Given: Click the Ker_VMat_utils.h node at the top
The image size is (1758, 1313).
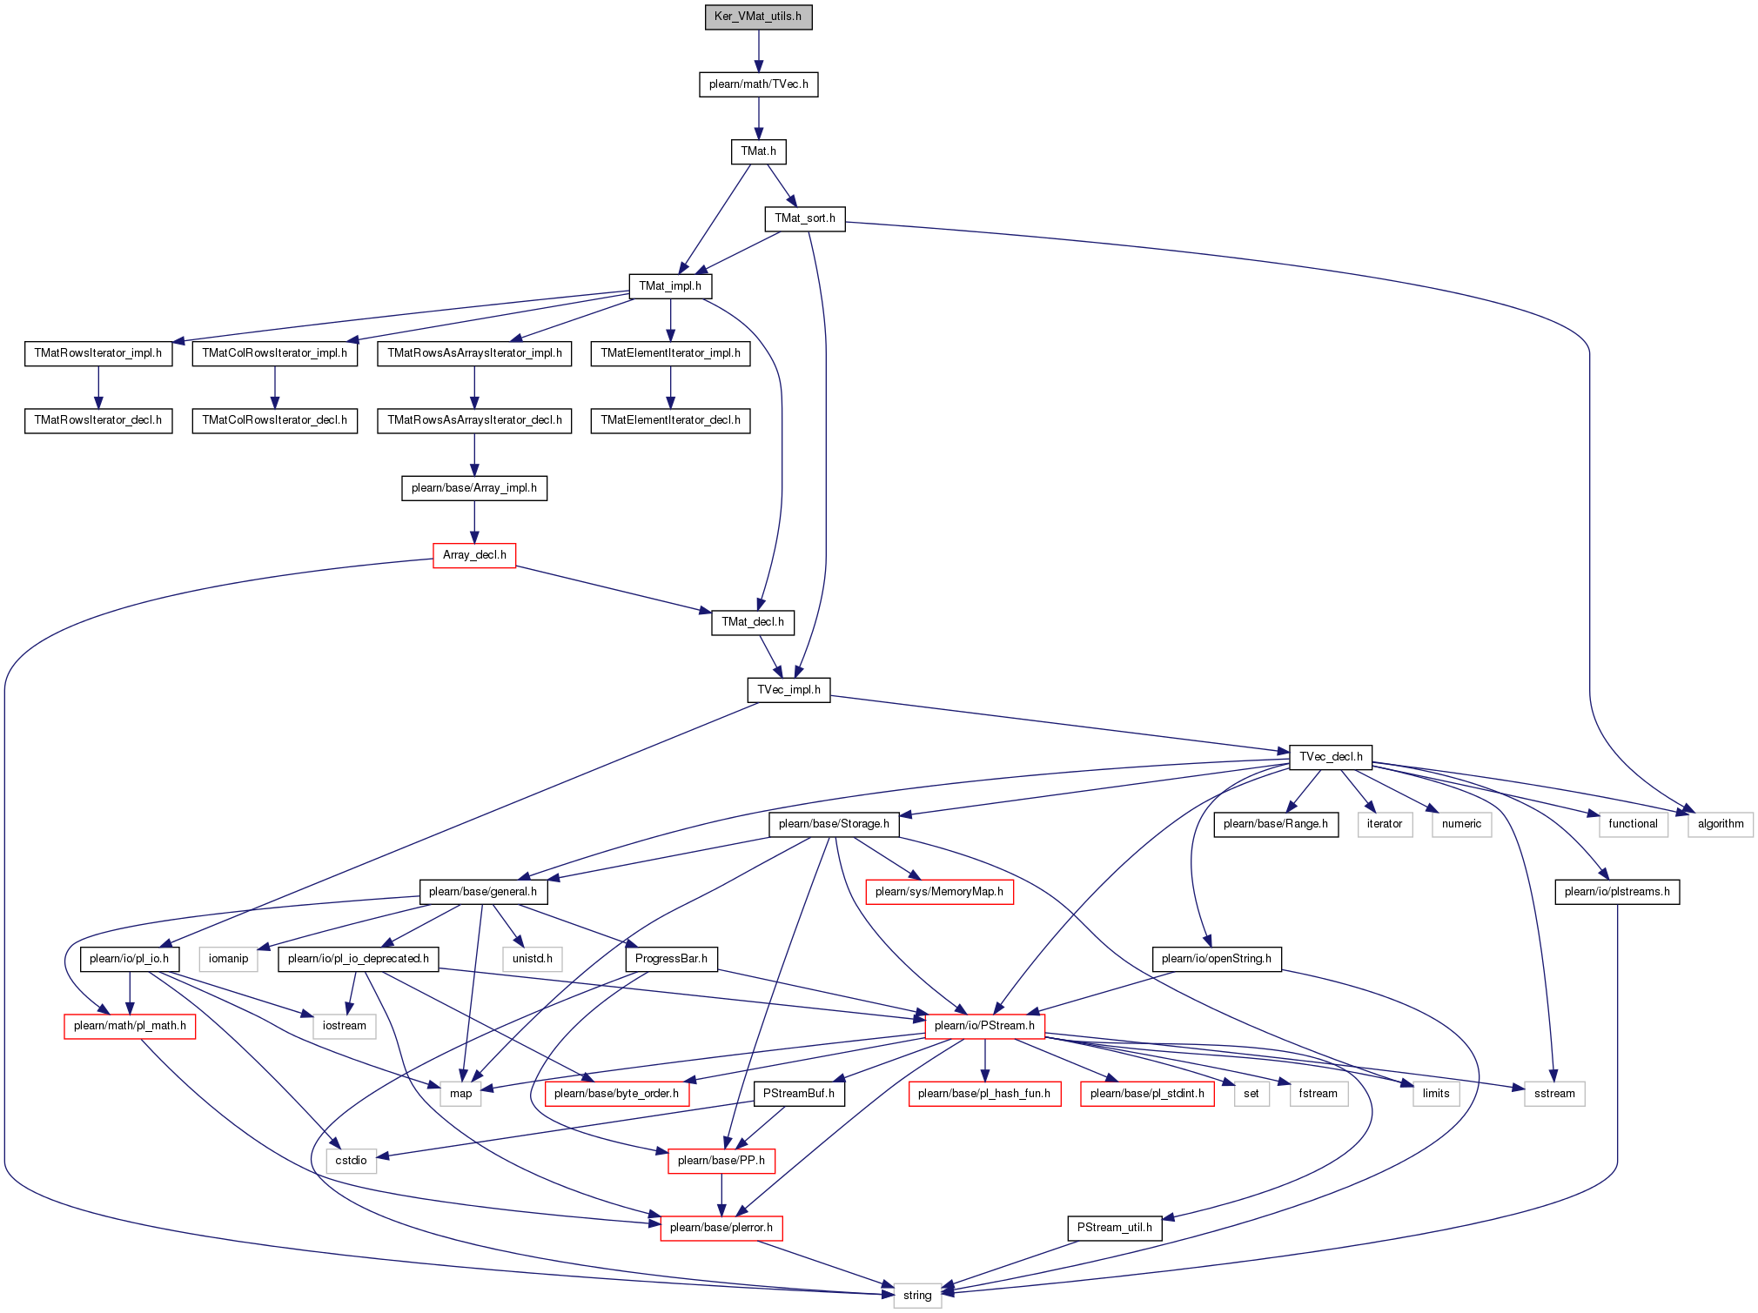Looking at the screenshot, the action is (758, 17).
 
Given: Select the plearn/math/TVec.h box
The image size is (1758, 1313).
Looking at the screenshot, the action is (758, 84).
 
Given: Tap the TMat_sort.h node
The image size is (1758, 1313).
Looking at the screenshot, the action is (805, 218).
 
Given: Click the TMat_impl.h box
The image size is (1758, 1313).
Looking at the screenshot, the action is (670, 286).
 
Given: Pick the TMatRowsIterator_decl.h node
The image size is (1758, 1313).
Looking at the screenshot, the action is (98, 420).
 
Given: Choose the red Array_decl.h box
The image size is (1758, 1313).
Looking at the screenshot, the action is (474, 555).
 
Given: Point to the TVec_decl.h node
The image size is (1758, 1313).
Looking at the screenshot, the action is (1331, 757).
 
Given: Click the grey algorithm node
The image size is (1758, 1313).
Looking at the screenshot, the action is (1721, 824).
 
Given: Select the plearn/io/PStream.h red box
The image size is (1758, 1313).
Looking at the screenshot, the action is (984, 1026).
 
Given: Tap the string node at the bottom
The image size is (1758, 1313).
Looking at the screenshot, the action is (917, 1296).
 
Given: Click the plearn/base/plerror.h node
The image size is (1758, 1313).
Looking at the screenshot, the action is (721, 1228).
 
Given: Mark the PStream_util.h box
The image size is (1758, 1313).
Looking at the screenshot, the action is (1115, 1228).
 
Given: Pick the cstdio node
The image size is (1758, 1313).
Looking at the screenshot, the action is (352, 1161).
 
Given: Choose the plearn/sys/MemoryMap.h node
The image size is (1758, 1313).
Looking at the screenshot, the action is (939, 892).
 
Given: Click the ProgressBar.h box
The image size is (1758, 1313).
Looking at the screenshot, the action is (671, 959).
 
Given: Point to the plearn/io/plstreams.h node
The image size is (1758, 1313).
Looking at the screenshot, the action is (1617, 892).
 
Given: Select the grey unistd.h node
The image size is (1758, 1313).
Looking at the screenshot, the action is (533, 959).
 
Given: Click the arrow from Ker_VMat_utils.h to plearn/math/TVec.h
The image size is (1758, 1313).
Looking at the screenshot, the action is (759, 50).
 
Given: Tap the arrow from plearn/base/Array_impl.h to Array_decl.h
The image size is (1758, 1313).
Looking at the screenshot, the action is (474, 522).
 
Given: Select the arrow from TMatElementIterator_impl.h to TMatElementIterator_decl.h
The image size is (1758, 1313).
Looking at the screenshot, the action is (670, 387).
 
